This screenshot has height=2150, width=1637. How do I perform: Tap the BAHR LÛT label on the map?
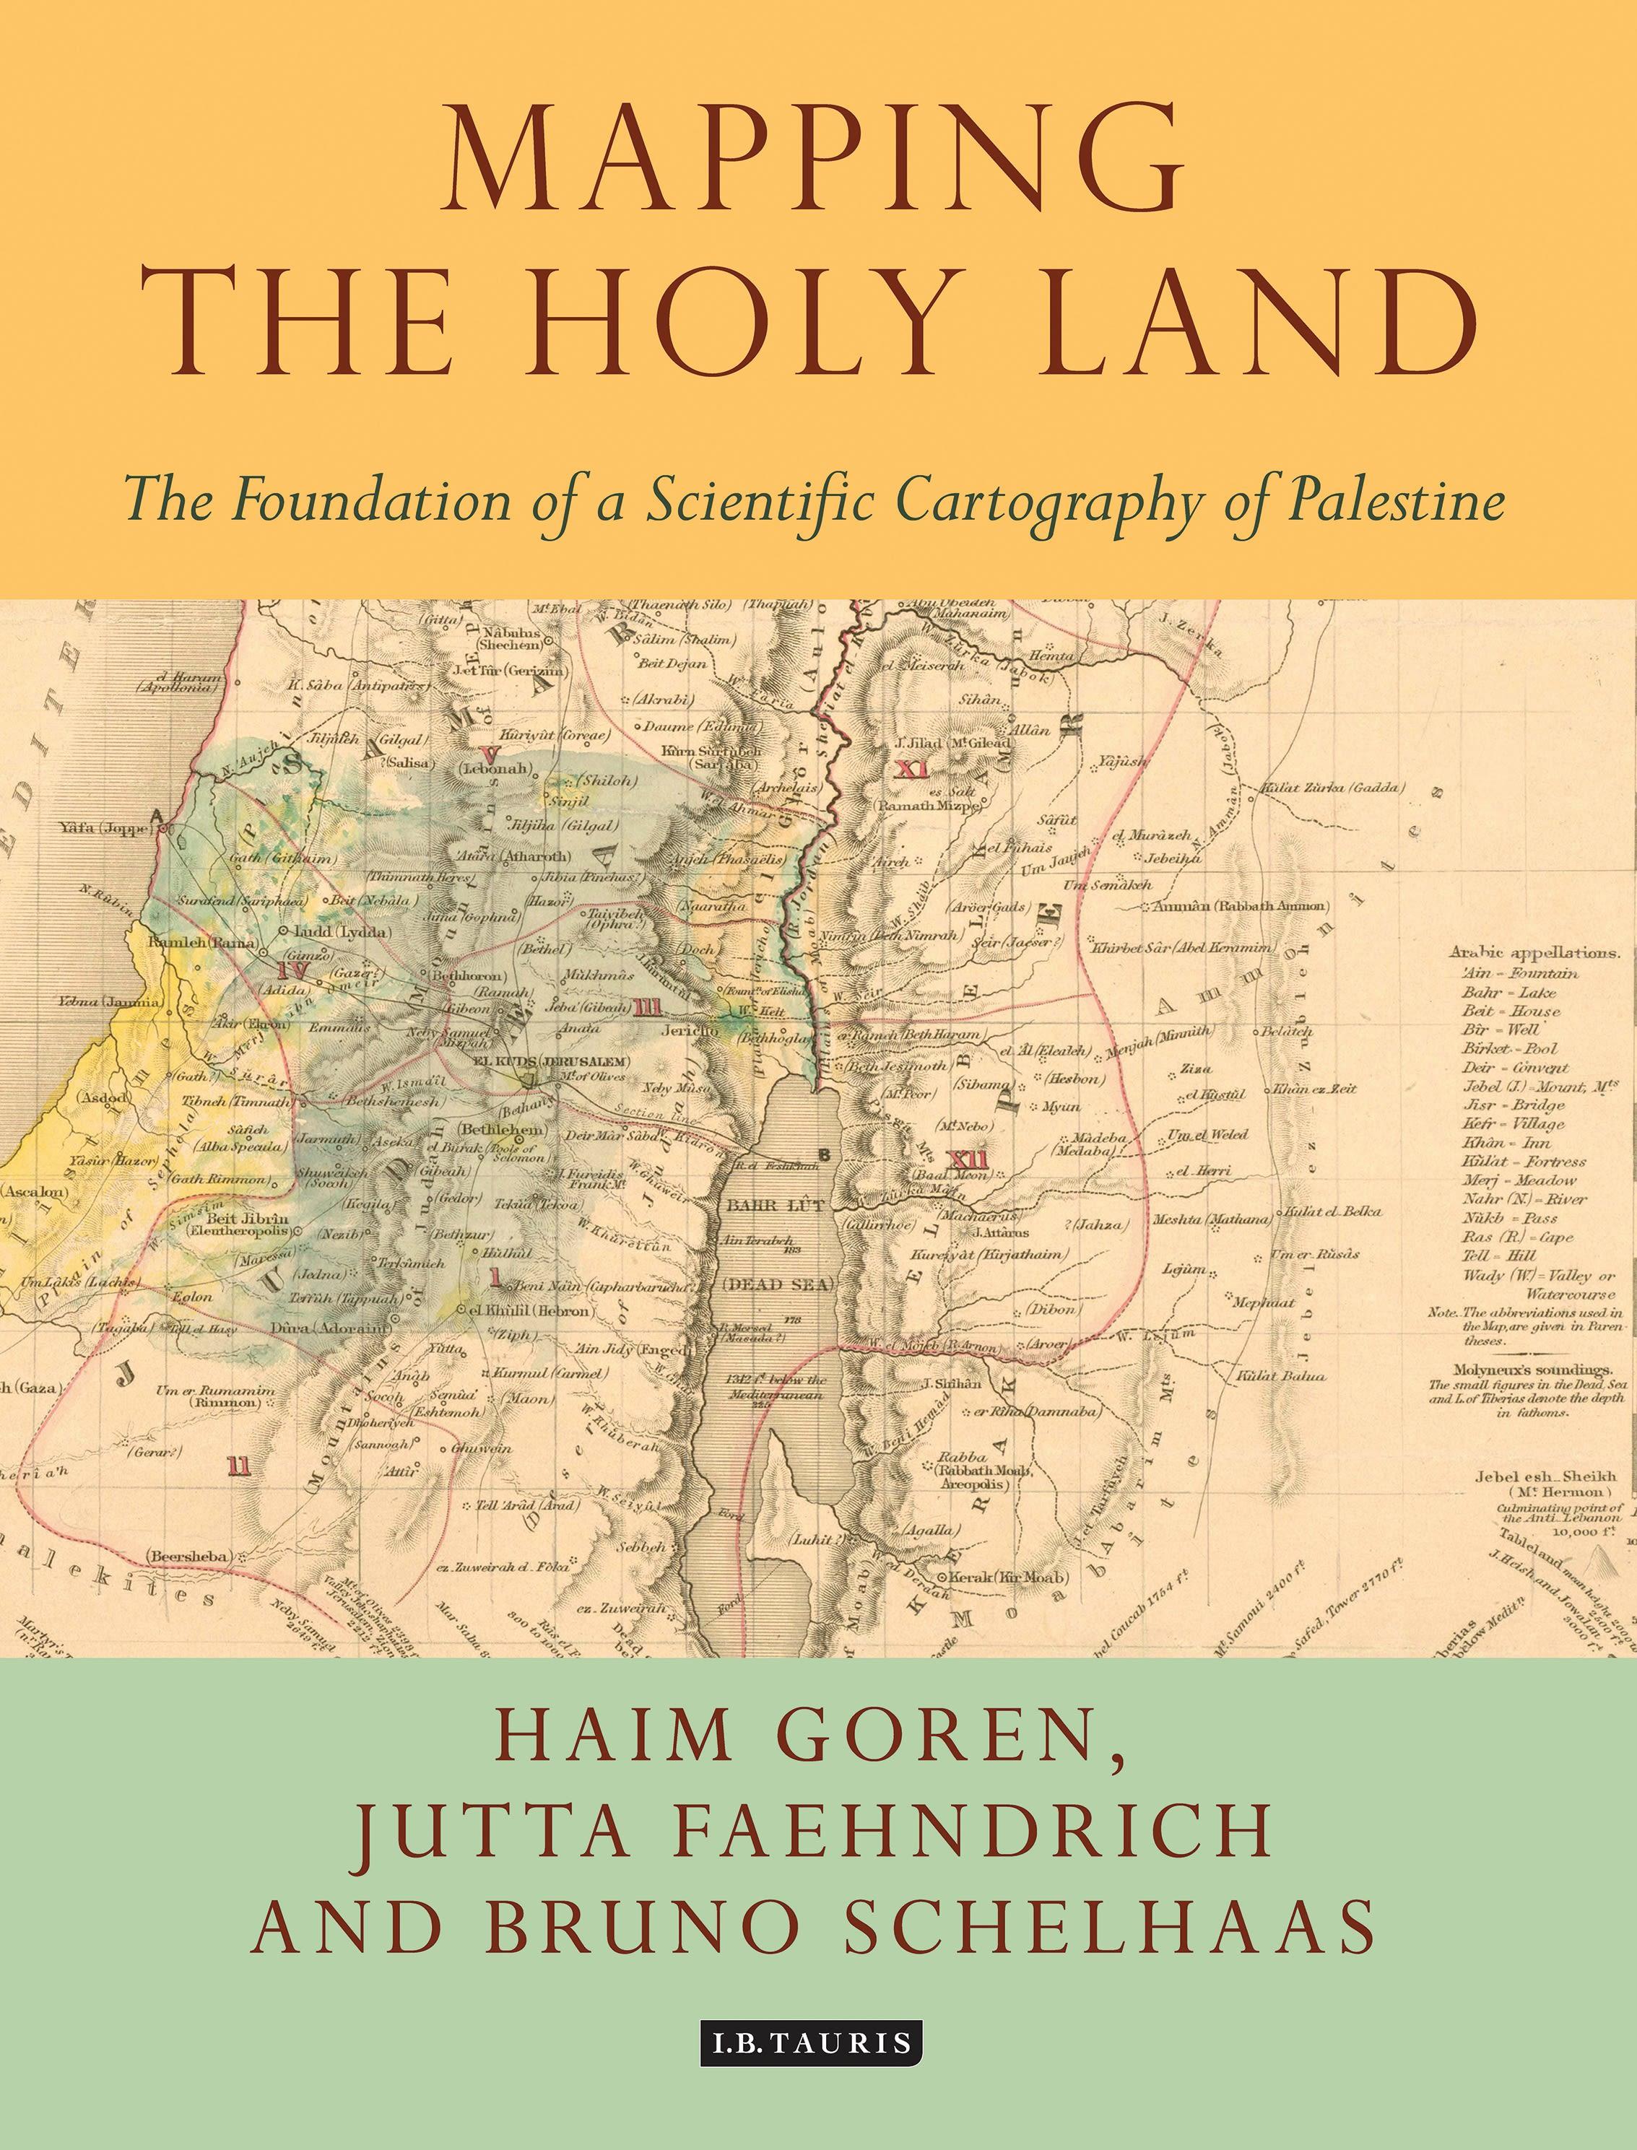pos(776,1205)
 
